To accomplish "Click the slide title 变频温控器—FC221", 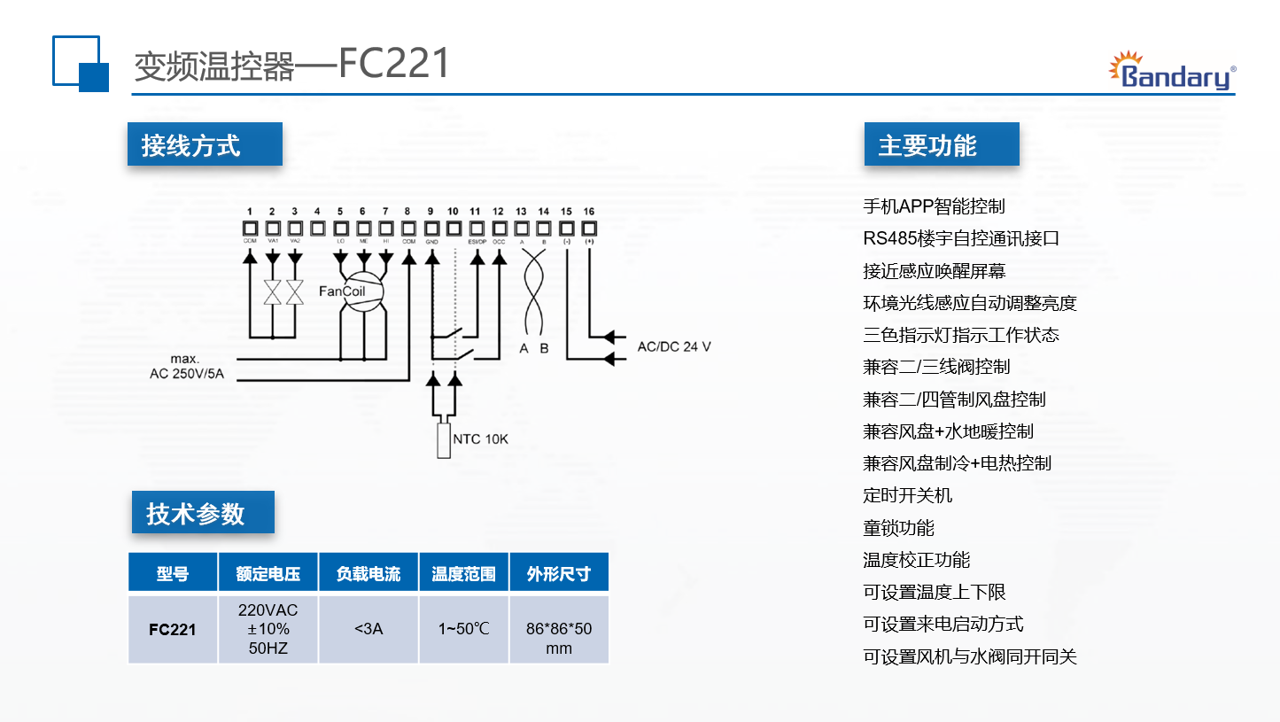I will [291, 65].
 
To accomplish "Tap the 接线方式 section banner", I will [205, 144].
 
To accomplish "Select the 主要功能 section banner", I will [941, 144].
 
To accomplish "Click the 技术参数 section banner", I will [203, 513].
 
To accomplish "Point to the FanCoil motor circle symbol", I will [361, 291].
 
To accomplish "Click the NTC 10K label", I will [480, 439].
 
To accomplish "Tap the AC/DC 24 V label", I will [673, 346].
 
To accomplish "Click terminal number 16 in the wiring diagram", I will [589, 211].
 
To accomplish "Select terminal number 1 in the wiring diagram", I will [250, 211].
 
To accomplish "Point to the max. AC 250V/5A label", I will [186, 367].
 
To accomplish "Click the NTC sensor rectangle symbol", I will [444, 440].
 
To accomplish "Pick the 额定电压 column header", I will [268, 573].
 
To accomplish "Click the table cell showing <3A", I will [368, 629].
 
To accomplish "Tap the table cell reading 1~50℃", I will [463, 629].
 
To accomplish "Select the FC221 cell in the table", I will [173, 630].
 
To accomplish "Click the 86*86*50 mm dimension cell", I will [559, 638].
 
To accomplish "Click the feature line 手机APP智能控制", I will [934, 206].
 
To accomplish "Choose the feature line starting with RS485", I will [961, 238].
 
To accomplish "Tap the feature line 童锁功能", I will [898, 528].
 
